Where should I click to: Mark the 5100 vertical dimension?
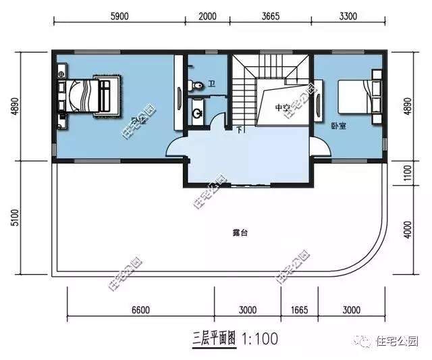click(16, 219)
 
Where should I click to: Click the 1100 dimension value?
click(406, 174)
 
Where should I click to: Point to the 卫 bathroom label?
click(211, 85)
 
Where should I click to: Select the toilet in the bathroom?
click(196, 85)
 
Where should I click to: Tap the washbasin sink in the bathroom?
click(198, 113)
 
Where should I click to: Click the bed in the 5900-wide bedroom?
click(88, 97)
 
